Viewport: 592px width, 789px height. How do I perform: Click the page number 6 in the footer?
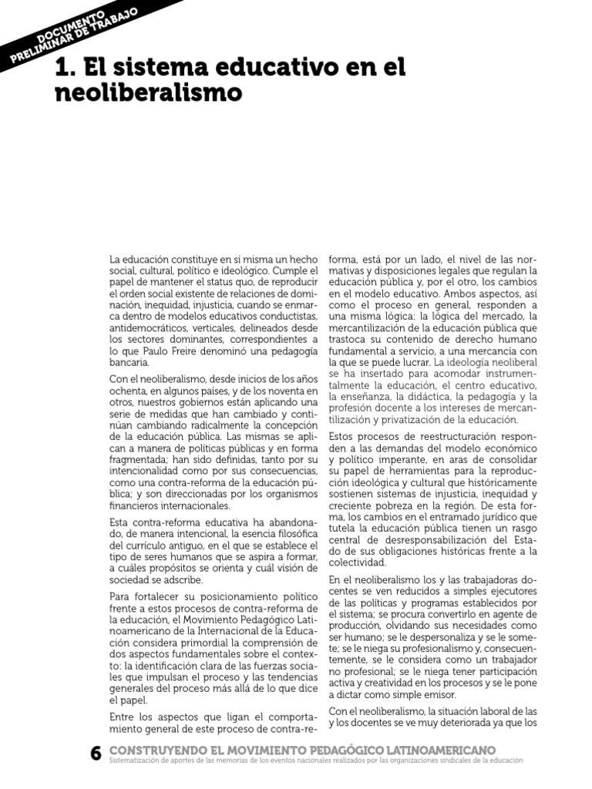(96, 754)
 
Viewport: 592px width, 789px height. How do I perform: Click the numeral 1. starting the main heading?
(65, 68)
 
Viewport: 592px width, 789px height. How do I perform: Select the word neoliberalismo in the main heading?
(148, 93)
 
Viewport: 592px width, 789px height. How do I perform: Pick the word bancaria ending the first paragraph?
(129, 361)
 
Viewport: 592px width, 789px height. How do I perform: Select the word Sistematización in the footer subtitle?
(139, 760)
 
